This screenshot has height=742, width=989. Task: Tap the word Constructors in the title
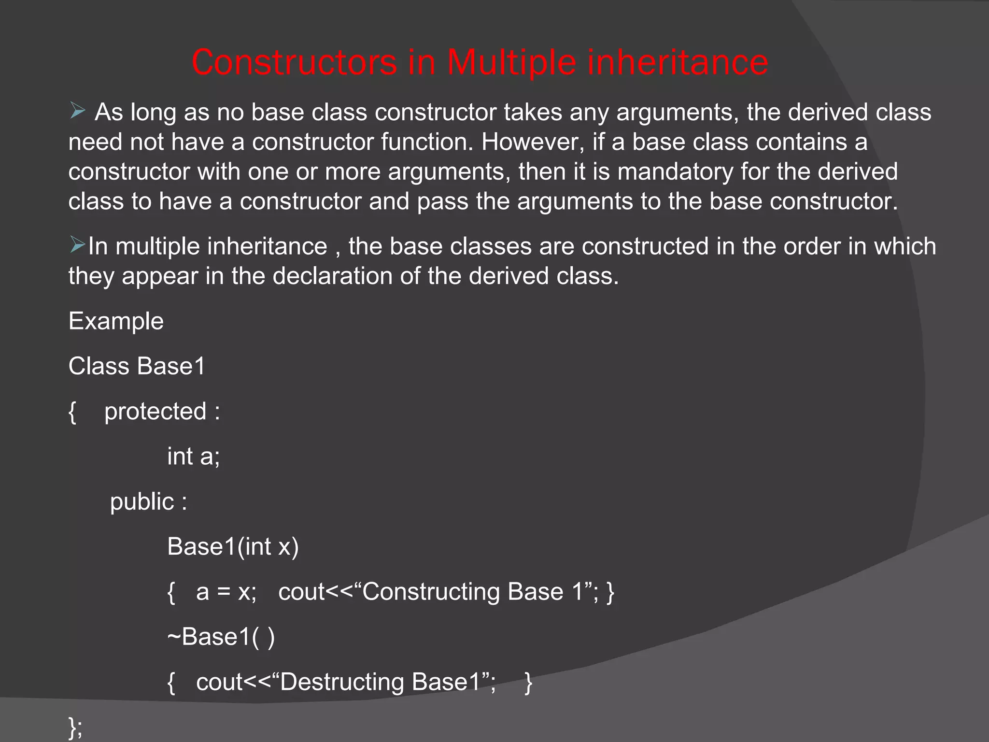[294, 63]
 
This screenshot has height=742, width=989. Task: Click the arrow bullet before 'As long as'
[77, 111]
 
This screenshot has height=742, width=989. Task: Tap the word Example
[116, 321]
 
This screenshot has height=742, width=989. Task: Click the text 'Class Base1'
[137, 366]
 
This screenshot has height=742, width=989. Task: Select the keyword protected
[155, 412]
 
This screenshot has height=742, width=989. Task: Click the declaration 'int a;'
[193, 457]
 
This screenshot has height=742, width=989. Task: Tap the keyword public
[142, 501]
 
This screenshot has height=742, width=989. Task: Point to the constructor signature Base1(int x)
[233, 547]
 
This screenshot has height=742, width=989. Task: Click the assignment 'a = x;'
[226, 592]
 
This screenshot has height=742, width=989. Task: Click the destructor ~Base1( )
[221, 637]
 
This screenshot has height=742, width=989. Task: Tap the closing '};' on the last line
[75, 727]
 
